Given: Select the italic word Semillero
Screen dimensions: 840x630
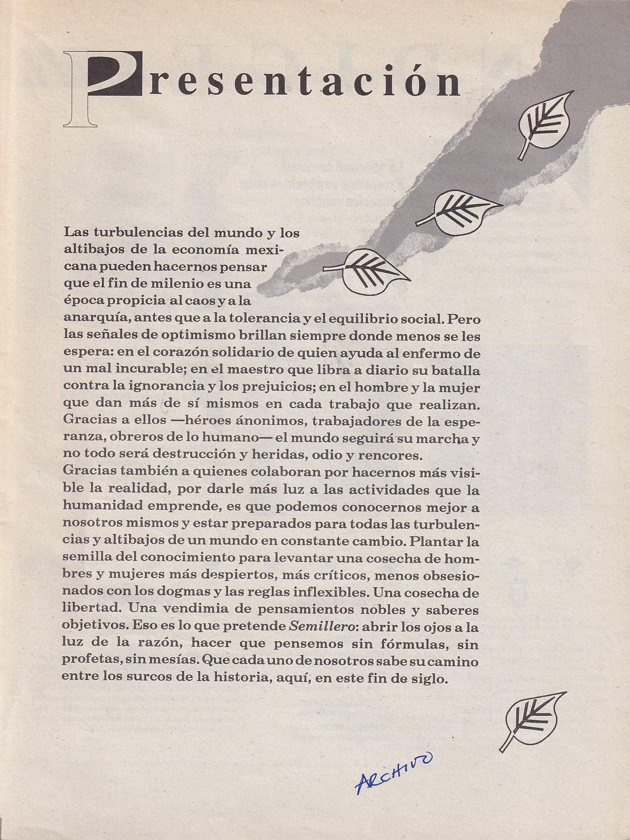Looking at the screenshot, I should [314, 626].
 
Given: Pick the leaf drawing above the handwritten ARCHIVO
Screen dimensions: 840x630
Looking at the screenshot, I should [533, 717].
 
